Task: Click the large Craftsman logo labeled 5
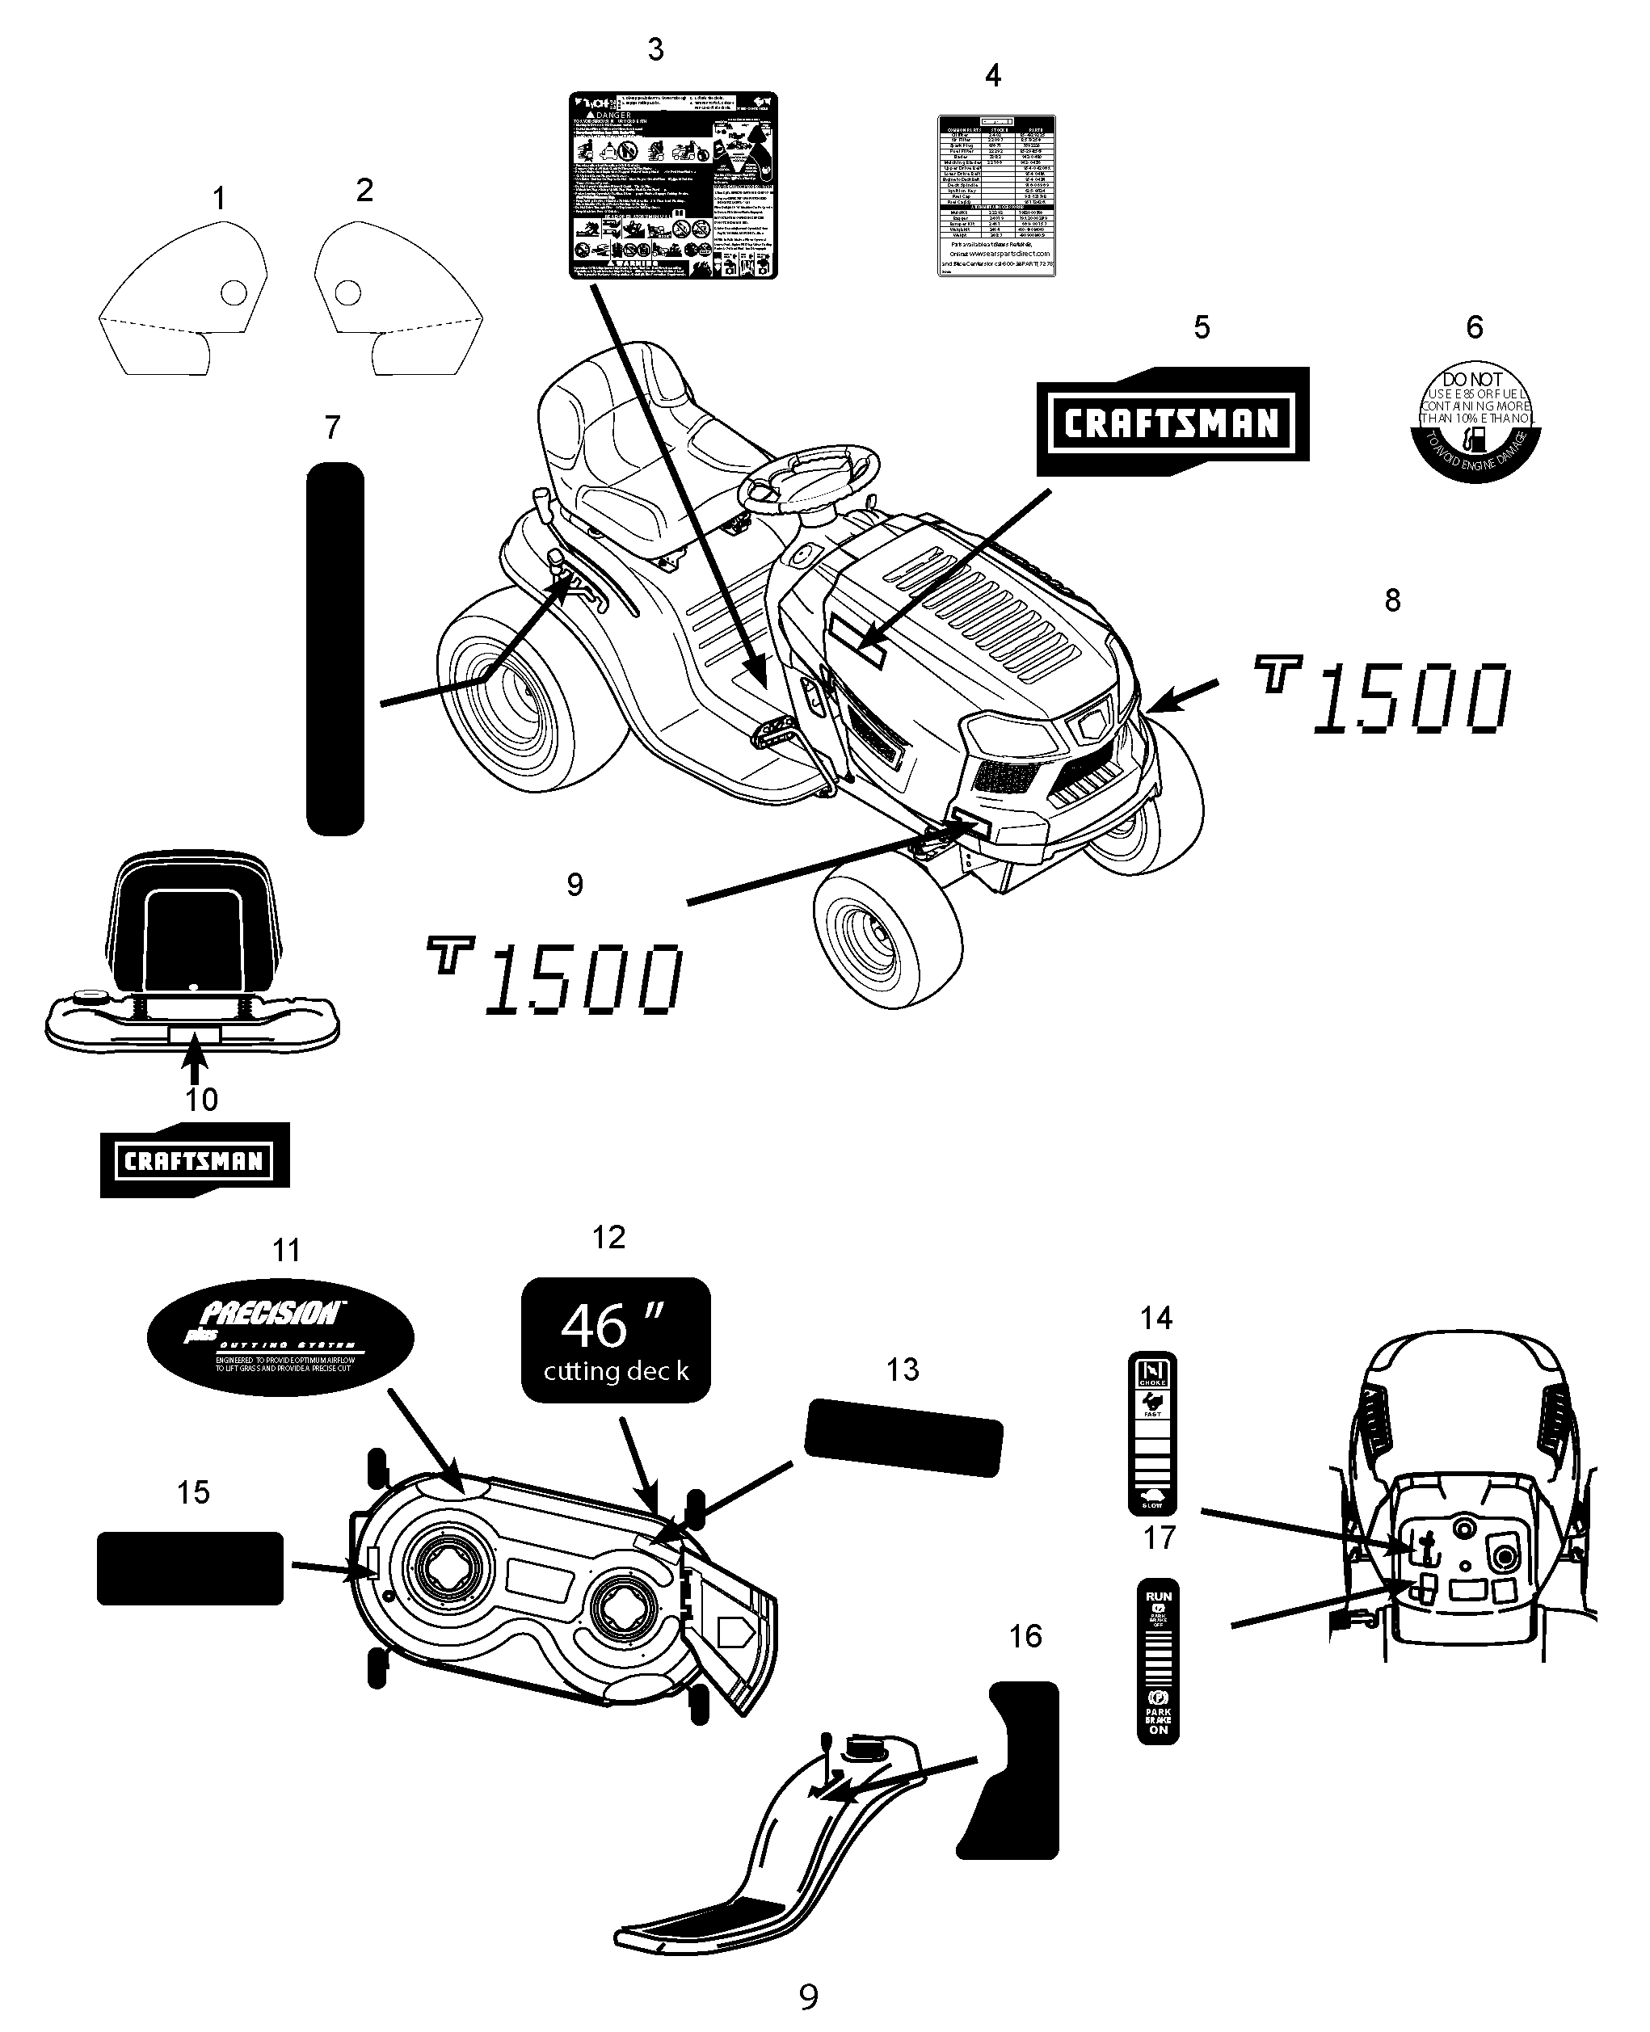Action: pos(1172,422)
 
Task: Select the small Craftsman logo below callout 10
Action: pos(194,1159)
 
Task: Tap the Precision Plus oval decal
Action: pos(280,1337)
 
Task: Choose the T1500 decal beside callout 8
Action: pos(1383,696)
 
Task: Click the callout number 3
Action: pos(655,50)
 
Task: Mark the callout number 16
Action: pos(1025,1635)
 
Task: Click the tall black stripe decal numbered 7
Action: pos(335,649)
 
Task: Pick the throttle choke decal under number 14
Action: pos(1152,1433)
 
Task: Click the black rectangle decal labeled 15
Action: pos(190,1568)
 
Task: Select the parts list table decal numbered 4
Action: pos(996,196)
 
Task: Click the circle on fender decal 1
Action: pos(233,292)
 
